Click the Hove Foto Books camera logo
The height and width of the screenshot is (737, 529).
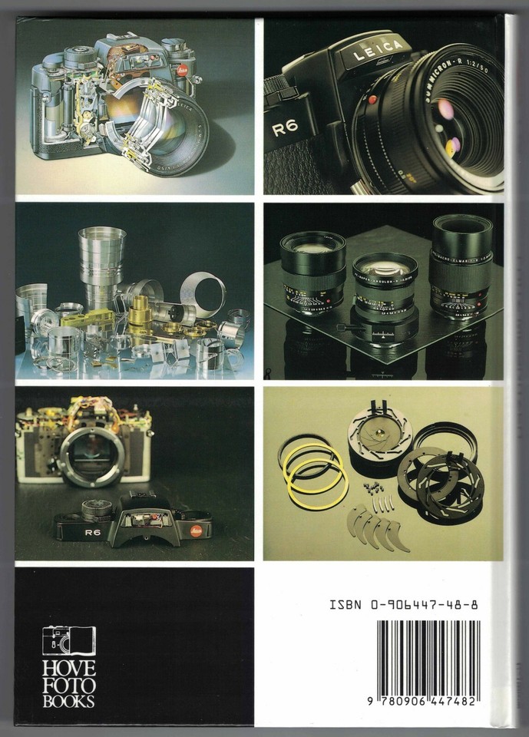coord(69,640)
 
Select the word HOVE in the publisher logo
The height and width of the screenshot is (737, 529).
coord(69,667)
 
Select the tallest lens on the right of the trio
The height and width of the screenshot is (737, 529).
coord(462,265)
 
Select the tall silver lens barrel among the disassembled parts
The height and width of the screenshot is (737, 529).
coord(96,261)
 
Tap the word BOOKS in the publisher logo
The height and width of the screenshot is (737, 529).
coord(69,699)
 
